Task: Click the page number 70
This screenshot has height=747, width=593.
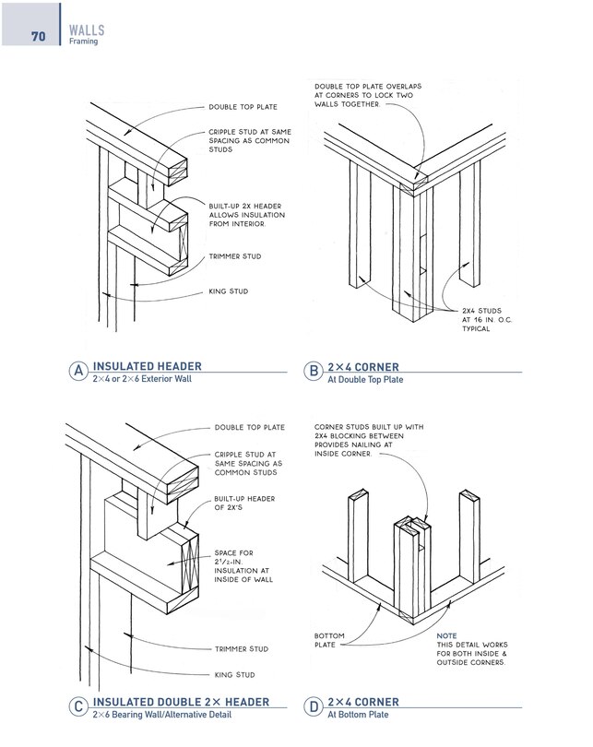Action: [x=39, y=37]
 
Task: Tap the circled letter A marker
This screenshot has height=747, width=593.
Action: [x=79, y=371]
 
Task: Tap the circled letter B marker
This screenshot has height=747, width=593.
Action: [x=313, y=371]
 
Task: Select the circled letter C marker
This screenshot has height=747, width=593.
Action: [x=79, y=707]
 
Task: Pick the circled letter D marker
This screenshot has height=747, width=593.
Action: [x=313, y=707]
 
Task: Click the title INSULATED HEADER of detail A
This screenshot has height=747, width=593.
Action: [x=147, y=366]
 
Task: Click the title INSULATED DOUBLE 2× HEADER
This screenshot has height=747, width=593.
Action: [x=181, y=702]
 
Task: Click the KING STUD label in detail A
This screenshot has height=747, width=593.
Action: [x=229, y=292]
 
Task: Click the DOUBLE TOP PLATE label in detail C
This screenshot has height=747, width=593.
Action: [x=248, y=428]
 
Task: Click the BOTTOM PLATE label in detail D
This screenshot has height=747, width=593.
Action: [x=329, y=641]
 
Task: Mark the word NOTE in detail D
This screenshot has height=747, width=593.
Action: [x=446, y=635]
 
